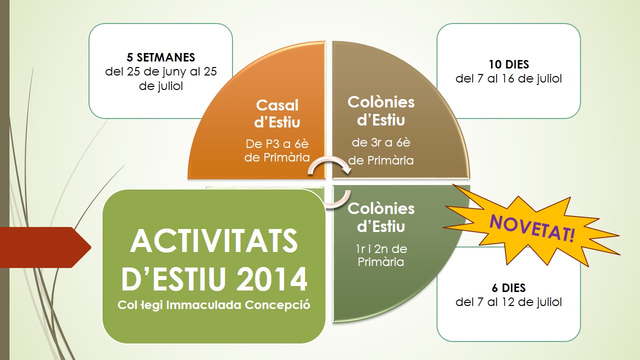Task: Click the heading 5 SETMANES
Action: click(160, 57)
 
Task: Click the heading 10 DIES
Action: click(508, 64)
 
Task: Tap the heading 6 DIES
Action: click(508, 288)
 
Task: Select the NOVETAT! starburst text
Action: click(531, 228)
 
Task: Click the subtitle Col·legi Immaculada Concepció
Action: click(214, 304)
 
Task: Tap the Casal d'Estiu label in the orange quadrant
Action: click(277, 113)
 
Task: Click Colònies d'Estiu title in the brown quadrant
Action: click(381, 111)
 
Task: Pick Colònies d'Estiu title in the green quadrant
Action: click(381, 217)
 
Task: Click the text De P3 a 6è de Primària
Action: click(277, 151)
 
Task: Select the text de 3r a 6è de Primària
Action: click(381, 151)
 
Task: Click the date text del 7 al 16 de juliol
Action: click(508, 79)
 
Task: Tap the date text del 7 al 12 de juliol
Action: click(508, 302)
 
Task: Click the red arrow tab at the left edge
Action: click(45, 247)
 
